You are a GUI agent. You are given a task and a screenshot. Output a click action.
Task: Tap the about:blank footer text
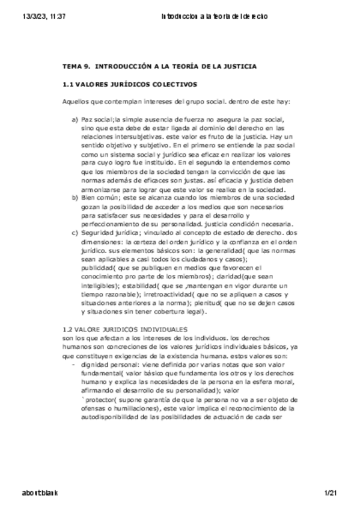tap(40, 493)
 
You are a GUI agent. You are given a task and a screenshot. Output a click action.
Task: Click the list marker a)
tap(75, 120)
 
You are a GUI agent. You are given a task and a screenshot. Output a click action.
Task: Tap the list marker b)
tap(75, 197)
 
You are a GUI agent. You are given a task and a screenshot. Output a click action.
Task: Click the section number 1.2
tap(68, 330)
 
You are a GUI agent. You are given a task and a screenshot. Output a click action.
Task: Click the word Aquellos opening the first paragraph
tap(75, 102)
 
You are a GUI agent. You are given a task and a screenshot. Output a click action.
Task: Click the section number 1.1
tap(68, 85)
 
